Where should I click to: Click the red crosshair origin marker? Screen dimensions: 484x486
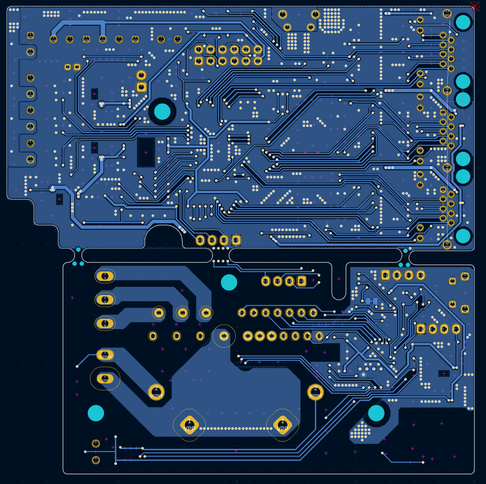pos(474,5)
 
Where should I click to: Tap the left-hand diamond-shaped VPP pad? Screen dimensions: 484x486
pos(189,425)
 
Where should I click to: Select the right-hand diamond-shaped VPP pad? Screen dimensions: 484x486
pos(282,425)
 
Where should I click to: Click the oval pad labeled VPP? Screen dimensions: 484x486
pos(105,379)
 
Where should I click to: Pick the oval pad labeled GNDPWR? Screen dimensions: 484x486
pos(105,355)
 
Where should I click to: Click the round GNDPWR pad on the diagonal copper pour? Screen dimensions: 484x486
pos(156,392)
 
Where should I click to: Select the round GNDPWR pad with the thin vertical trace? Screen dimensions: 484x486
pos(315,392)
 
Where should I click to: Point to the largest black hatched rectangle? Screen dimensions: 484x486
pos(146,152)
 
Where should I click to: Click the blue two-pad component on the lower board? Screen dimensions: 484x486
pos(371,301)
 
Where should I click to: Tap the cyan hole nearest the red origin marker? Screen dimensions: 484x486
pos(463,22)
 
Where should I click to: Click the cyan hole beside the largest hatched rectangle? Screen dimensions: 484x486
pos(162,111)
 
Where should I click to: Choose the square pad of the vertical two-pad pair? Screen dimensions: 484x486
pos(141,86)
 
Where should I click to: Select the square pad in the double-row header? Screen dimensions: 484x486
pos(198,61)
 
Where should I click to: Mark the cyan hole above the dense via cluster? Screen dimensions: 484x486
pos(376,413)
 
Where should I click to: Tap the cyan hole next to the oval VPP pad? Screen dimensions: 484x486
pos(96,413)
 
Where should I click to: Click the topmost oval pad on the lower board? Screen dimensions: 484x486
pos(105,276)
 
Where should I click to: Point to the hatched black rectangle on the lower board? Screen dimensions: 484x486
pos(444,373)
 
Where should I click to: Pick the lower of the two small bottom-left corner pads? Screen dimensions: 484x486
pos(96,460)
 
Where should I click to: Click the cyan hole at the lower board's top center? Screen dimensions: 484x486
pos(229,282)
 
